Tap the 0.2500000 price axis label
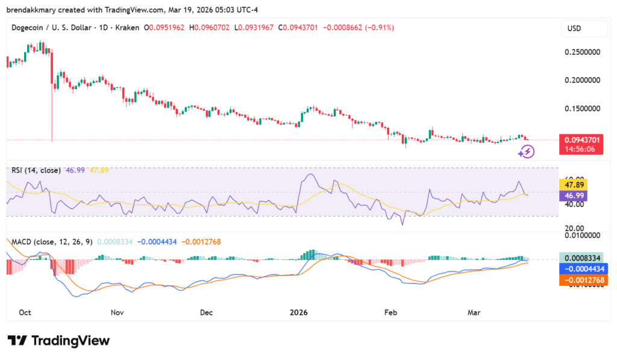coord(582,52)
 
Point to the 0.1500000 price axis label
coord(582,109)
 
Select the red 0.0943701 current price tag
coord(581,140)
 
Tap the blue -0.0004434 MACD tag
coord(581,268)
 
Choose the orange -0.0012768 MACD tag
coord(581,280)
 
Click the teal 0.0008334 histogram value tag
coord(581,257)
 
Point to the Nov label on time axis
coord(117,313)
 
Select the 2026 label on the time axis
coord(298,313)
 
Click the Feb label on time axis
coord(390,313)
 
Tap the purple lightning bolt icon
coord(527,152)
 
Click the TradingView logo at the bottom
coord(59,341)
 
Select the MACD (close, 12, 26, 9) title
coord(52,242)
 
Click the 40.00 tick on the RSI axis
coord(572,204)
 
